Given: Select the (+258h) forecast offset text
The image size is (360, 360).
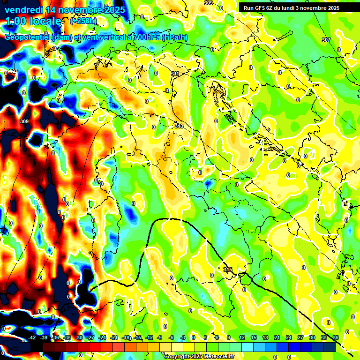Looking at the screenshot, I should point(83,21).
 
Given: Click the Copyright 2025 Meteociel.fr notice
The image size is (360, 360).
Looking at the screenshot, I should point(199,357).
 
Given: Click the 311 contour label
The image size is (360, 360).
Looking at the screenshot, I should point(174,74).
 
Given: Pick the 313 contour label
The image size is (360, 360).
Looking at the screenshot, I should point(179,126).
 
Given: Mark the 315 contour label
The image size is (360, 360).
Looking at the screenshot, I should point(228,270).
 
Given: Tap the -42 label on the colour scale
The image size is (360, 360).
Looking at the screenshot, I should point(32,337).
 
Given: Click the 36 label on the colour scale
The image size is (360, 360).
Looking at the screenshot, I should point(336,337).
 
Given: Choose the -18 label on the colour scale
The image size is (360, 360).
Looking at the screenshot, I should point(126,337).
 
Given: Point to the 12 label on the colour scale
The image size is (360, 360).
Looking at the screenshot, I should point(242,337).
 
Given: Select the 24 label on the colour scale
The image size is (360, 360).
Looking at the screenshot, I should point(289,337).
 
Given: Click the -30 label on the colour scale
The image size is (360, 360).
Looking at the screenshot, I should point(79,337).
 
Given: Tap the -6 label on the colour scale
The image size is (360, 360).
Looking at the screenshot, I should point(172,337).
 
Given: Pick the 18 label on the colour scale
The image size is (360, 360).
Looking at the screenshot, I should point(265,337).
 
